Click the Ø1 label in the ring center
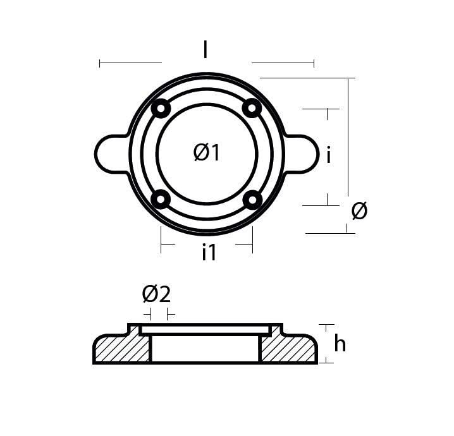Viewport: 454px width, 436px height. (207, 152)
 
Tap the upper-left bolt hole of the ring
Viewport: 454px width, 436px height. (161, 109)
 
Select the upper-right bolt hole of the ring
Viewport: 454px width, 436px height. (252, 109)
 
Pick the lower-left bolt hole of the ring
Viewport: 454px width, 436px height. (161, 200)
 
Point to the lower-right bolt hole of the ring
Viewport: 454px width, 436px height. (252, 200)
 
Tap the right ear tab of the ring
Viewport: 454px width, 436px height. (303, 153)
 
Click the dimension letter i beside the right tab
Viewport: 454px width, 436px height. (329, 154)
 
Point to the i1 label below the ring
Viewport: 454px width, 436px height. (209, 252)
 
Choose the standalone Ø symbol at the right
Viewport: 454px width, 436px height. (359, 211)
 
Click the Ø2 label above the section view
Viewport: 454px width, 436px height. (157, 294)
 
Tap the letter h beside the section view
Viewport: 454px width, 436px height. (340, 344)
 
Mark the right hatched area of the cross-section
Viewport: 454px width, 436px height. (288, 349)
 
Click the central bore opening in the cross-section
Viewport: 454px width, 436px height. (206, 348)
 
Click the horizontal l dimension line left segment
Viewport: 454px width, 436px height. (130, 63)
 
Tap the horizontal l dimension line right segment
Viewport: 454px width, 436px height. (283, 63)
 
